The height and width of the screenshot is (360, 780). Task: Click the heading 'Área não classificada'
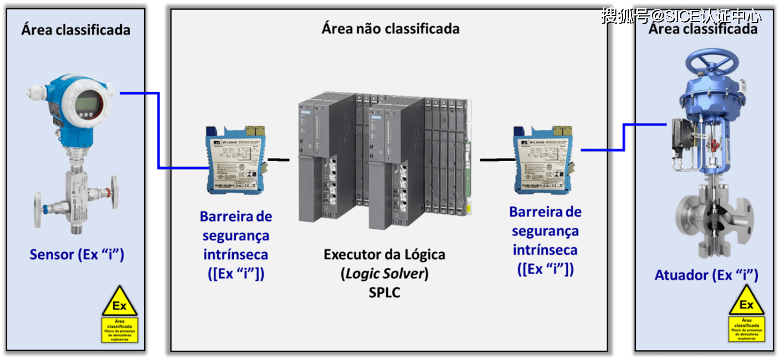tap(390, 28)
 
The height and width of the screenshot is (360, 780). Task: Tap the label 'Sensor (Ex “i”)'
tap(76, 254)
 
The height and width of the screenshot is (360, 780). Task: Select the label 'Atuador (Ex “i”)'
tap(706, 275)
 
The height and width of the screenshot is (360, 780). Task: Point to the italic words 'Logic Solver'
tap(384, 274)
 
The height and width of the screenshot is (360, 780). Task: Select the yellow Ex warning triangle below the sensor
tap(119, 302)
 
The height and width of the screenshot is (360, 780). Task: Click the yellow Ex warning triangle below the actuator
tap(746, 302)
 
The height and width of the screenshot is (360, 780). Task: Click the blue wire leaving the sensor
tap(158, 127)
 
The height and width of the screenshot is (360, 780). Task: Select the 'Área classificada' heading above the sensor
tap(76, 29)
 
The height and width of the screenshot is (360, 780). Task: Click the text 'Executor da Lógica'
tap(384, 255)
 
